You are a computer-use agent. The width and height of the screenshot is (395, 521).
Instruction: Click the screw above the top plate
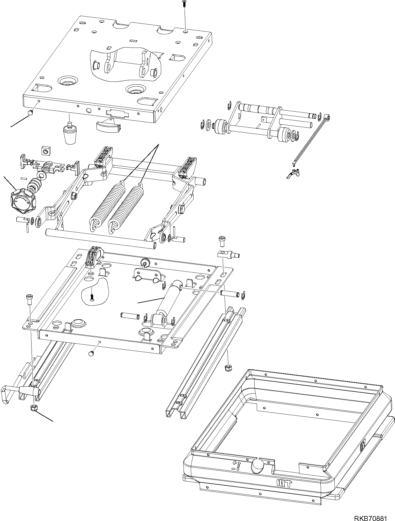point(184,4)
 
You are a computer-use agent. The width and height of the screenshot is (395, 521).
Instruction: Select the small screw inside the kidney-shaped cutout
point(91,297)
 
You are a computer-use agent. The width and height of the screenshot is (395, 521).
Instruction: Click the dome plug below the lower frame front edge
point(92,353)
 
